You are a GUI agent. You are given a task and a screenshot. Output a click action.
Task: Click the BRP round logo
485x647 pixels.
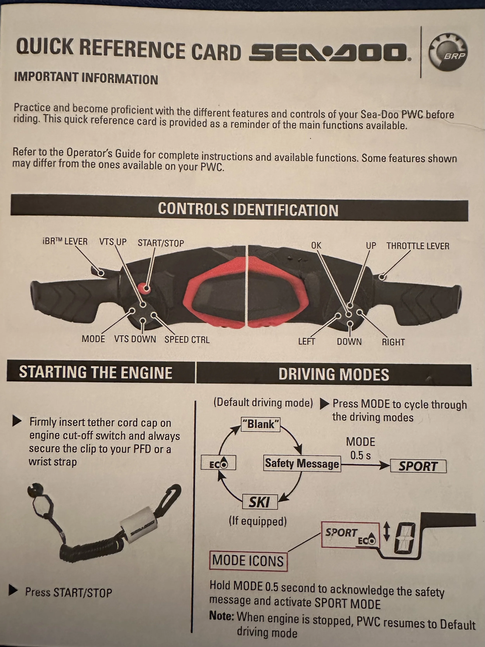(448, 52)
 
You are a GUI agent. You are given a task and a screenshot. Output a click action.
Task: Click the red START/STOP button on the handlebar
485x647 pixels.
(144, 288)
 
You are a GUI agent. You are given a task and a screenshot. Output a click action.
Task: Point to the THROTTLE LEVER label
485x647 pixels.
(417, 246)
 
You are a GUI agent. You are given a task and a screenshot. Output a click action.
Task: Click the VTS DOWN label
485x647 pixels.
(135, 339)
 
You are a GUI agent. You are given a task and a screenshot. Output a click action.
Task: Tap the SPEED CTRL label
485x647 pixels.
(187, 340)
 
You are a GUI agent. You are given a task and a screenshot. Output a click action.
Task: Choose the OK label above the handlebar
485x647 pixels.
(316, 245)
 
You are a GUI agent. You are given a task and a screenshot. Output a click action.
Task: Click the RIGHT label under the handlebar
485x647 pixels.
(393, 342)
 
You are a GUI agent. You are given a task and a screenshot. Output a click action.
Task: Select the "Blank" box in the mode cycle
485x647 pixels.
(261, 424)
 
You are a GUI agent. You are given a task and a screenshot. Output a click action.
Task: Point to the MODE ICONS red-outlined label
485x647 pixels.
(248, 561)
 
